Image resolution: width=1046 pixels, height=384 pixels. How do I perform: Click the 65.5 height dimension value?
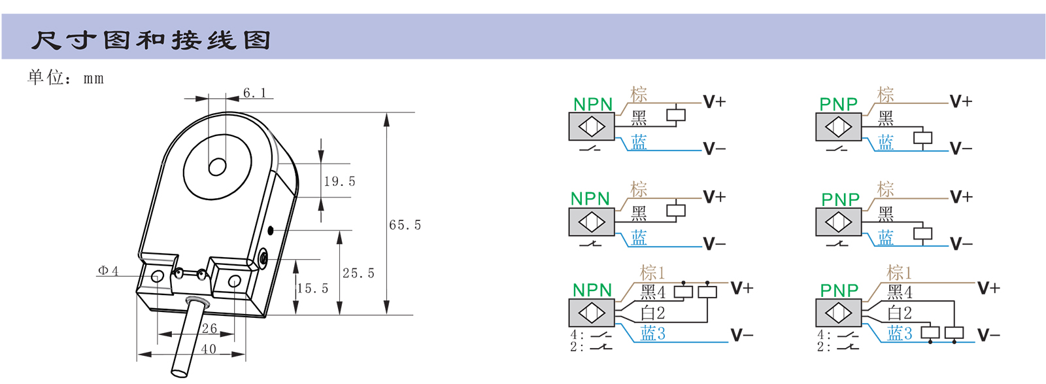click(405, 225)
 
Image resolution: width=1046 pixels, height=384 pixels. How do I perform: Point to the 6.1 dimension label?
click(255, 93)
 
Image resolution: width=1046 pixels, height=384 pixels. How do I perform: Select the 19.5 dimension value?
click(339, 181)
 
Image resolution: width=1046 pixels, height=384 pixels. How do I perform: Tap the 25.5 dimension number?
click(358, 273)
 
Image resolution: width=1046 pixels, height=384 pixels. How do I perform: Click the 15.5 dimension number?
click(312, 288)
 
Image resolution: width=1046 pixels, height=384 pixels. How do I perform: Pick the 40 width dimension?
click(209, 349)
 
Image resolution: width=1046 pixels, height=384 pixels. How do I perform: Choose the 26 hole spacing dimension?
click(209, 328)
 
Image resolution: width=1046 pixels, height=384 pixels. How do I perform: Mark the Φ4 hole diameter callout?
click(108, 271)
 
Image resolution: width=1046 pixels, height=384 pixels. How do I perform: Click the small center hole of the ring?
click(217, 167)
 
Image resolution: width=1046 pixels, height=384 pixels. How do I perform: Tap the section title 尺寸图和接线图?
click(151, 41)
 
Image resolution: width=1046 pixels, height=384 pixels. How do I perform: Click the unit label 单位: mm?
click(65, 78)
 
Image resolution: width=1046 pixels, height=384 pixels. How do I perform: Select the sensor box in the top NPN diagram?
click(592, 127)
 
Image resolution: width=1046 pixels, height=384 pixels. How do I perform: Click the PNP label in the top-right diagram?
click(838, 104)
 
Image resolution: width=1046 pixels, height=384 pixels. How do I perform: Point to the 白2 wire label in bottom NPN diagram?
click(652, 313)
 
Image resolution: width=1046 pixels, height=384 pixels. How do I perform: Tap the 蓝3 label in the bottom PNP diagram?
click(900, 334)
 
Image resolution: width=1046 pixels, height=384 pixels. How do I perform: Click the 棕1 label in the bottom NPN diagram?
click(652, 272)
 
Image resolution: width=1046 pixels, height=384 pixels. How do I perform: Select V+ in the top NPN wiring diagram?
click(714, 102)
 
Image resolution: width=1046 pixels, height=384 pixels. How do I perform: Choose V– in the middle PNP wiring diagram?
click(961, 244)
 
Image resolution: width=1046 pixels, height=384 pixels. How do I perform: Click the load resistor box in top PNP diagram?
click(922, 138)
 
